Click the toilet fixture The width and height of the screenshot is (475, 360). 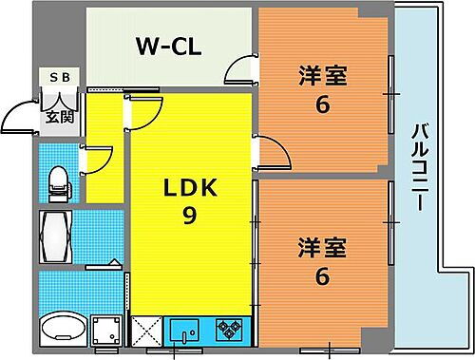point(58,182)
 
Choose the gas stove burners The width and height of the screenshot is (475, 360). point(229,331)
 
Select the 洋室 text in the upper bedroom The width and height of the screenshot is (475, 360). point(323,73)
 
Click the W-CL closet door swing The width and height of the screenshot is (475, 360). point(239,70)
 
